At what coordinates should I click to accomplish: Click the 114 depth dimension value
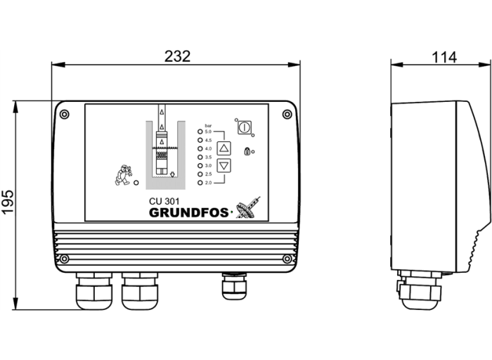click(444, 57)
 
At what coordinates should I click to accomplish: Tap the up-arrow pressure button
click(224, 148)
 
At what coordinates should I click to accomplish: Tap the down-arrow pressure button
click(224, 166)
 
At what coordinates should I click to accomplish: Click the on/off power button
click(244, 127)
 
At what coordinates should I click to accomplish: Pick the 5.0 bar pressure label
click(207, 132)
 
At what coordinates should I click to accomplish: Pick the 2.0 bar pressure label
click(207, 183)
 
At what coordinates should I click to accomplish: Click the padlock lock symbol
click(247, 150)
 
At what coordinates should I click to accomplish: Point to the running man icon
click(124, 174)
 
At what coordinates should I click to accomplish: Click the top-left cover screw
click(64, 115)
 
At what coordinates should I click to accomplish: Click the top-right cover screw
click(287, 115)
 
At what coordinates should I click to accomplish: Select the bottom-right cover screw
click(287, 259)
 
